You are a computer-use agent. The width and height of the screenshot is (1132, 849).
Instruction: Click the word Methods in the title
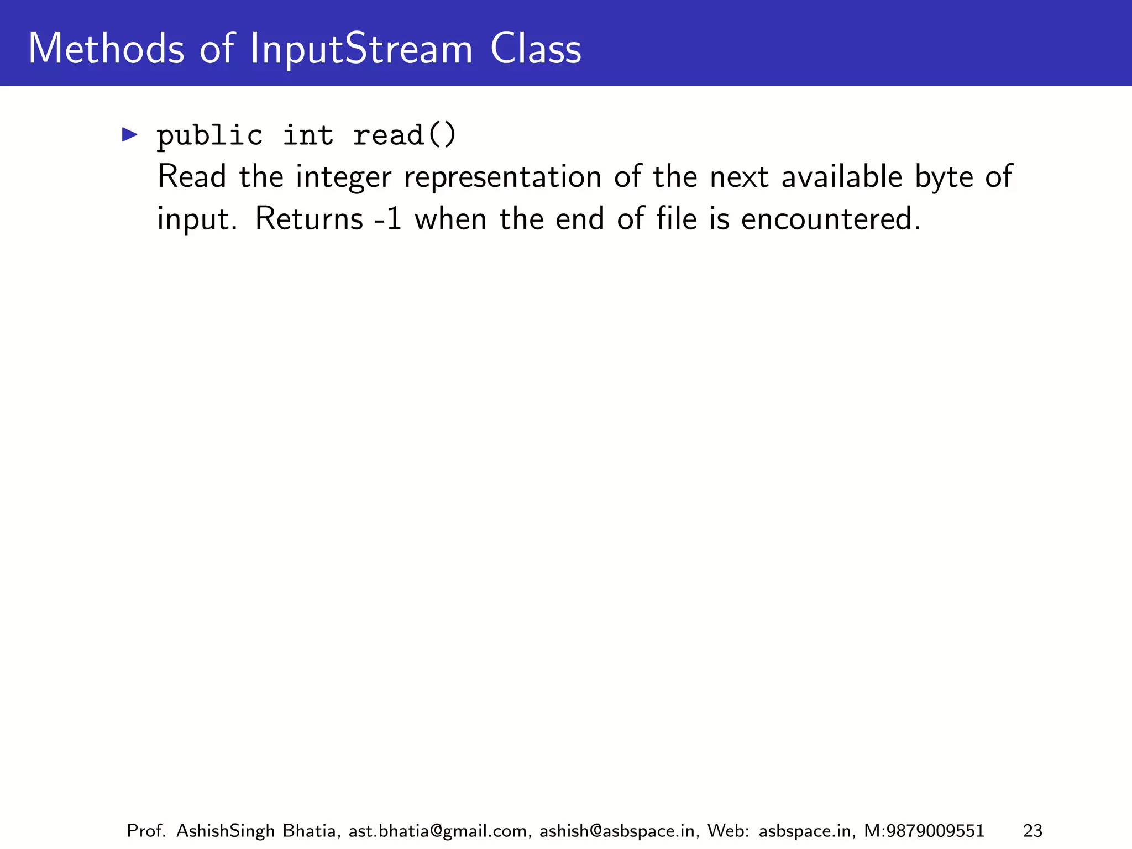106,49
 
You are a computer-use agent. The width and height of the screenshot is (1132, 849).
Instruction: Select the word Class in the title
536,49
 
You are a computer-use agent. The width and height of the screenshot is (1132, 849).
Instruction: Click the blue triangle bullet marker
129,134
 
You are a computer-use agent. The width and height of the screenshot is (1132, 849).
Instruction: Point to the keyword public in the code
209,136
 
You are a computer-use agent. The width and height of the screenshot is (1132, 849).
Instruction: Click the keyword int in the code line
308,136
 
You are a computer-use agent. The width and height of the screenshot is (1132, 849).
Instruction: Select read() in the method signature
405,136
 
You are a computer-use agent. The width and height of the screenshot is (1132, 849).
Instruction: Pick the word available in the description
842,177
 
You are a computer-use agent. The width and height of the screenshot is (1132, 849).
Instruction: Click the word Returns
308,219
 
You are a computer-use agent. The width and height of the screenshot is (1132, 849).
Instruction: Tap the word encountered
830,219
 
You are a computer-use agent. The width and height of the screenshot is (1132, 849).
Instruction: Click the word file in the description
676,219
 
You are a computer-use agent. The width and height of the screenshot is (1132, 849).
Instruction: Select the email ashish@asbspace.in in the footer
617,831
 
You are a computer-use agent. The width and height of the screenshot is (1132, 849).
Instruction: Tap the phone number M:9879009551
924,831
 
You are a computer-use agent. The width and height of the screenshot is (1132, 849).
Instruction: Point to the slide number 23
1033,831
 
